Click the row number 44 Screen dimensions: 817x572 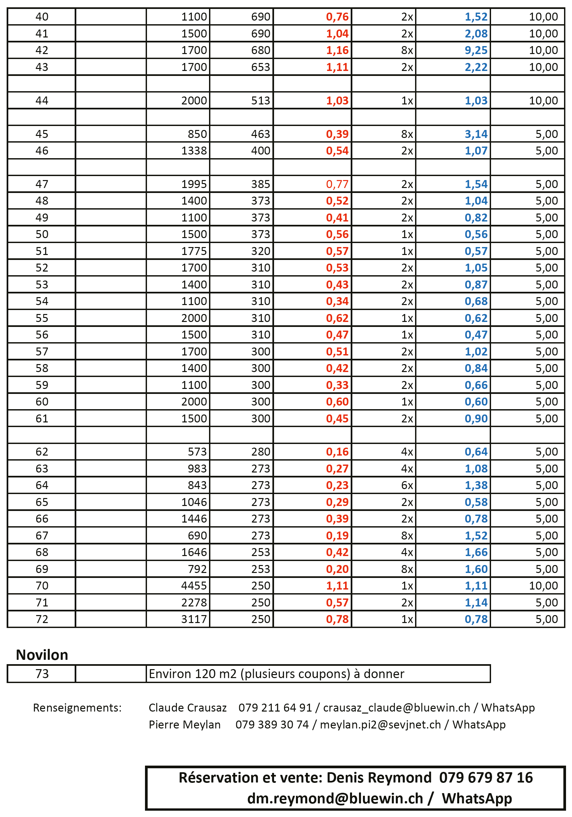[42, 101]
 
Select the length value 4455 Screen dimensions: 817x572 [194, 586]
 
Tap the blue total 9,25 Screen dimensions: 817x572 [476, 50]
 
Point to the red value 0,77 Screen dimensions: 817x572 [337, 184]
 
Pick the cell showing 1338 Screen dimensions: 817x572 [194, 151]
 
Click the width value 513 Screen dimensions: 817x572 [261, 101]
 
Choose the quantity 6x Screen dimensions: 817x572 [407, 485]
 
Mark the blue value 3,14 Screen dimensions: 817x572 [476, 134]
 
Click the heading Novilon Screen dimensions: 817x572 [42, 655]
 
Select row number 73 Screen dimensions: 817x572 [42, 674]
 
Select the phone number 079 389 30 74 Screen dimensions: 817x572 [272, 725]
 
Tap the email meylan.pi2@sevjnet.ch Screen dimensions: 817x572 [380, 725]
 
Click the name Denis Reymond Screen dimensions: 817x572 [379, 778]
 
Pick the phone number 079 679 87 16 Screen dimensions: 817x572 [486, 778]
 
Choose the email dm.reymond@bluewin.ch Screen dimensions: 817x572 [335, 798]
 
